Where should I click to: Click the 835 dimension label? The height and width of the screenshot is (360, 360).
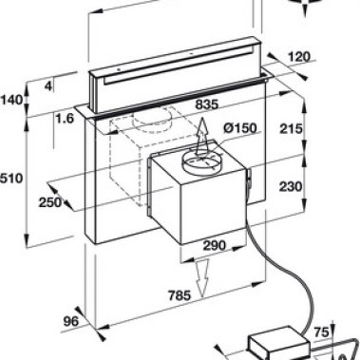coord(207,104)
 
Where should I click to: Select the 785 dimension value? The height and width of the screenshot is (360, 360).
coord(180,295)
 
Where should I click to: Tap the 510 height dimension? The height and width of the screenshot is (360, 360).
coord(11,179)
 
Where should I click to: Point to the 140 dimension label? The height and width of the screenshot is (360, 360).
coord(11,100)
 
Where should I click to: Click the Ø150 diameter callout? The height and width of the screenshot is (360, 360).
coord(239,128)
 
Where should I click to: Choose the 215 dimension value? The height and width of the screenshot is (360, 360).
coord(291,128)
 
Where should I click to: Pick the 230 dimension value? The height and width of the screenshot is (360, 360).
coord(291,186)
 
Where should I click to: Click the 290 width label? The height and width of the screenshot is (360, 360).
coord(215,245)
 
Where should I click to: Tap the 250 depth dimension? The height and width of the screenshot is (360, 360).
coord(50,201)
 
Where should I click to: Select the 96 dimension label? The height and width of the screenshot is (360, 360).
coord(70,322)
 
